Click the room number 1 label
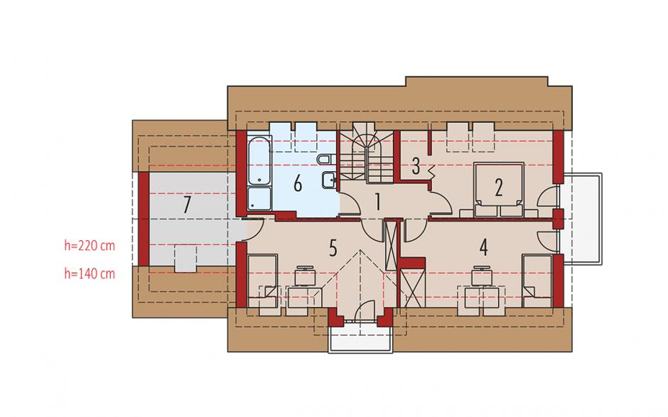pos(377,202)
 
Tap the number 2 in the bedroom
pos(498,188)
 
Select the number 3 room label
pos(416,166)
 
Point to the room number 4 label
pos(483,247)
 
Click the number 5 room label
pos(333,248)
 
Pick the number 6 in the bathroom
pos(298,184)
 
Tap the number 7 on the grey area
pos(187,205)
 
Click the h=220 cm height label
pos(90,245)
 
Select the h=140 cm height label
pos(90,274)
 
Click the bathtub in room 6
pos(259,161)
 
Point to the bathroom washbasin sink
pos(329,180)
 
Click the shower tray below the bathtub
pos(259,198)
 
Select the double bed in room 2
pos(498,189)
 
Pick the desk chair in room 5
pos(305,276)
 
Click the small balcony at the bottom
pos(360,337)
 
